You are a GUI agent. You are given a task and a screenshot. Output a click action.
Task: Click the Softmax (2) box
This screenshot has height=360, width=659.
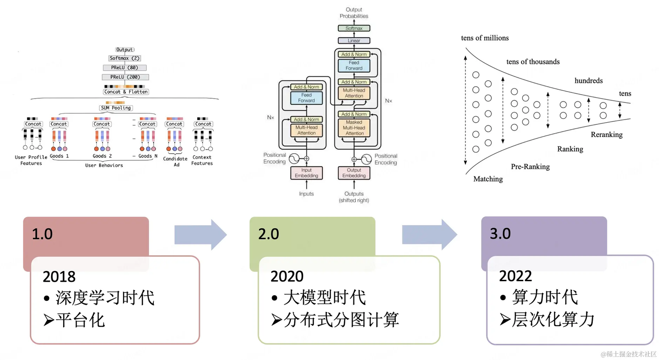tap(124, 58)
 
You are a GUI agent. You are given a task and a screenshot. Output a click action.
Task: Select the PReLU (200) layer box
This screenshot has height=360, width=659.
tap(125, 77)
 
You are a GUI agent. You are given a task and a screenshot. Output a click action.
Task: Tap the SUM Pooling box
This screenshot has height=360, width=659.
tap(116, 108)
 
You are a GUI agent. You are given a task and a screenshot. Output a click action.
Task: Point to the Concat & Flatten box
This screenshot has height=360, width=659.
tap(126, 92)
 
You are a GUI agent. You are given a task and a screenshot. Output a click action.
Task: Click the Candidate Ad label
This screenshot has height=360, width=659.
tap(175, 162)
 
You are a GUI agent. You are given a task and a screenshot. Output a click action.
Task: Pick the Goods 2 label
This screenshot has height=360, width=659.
tap(102, 156)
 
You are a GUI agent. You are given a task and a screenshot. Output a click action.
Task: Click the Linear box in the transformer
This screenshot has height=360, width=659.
tap(354, 41)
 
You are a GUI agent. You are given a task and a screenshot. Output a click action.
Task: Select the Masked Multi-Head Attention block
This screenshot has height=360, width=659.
tap(354, 128)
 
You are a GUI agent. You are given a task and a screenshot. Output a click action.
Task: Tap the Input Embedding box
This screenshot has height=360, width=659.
tap(306, 173)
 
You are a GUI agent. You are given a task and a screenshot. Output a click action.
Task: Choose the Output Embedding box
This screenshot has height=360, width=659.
tap(354, 173)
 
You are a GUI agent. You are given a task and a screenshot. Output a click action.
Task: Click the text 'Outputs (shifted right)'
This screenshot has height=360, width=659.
tap(354, 197)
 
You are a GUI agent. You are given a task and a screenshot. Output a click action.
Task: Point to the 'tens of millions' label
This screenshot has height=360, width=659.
tap(485, 38)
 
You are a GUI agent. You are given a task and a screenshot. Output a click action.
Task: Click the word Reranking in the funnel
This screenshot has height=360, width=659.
tap(606, 134)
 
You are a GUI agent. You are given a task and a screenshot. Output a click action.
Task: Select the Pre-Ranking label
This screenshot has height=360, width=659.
tap(530, 166)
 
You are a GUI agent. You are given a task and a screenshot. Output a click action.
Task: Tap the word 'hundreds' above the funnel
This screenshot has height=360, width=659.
tap(588, 81)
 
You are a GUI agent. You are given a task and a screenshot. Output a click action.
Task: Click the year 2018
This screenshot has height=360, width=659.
tap(59, 277)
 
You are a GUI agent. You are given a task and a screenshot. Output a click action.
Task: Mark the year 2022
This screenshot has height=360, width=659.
tap(515, 276)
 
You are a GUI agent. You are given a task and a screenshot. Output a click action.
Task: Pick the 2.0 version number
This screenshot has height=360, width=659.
tap(269, 234)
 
